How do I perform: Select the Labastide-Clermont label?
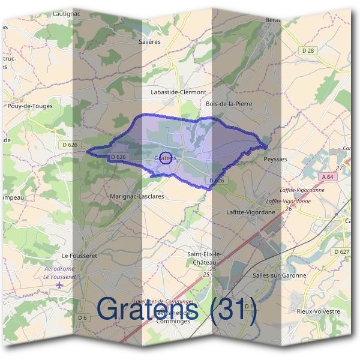(x=178, y=92)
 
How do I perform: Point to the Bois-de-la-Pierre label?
(x=229, y=104)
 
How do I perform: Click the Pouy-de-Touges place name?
(x=30, y=106)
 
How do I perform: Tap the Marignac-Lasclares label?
(x=137, y=196)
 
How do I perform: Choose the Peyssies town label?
(x=275, y=160)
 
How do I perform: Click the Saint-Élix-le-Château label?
(x=205, y=259)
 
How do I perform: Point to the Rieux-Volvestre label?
(x=319, y=311)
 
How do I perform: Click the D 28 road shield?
(x=308, y=51)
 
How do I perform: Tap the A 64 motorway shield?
(x=327, y=177)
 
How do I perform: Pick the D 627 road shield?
(x=341, y=251)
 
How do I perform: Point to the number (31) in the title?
(x=230, y=310)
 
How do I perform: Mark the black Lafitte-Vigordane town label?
(x=251, y=212)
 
